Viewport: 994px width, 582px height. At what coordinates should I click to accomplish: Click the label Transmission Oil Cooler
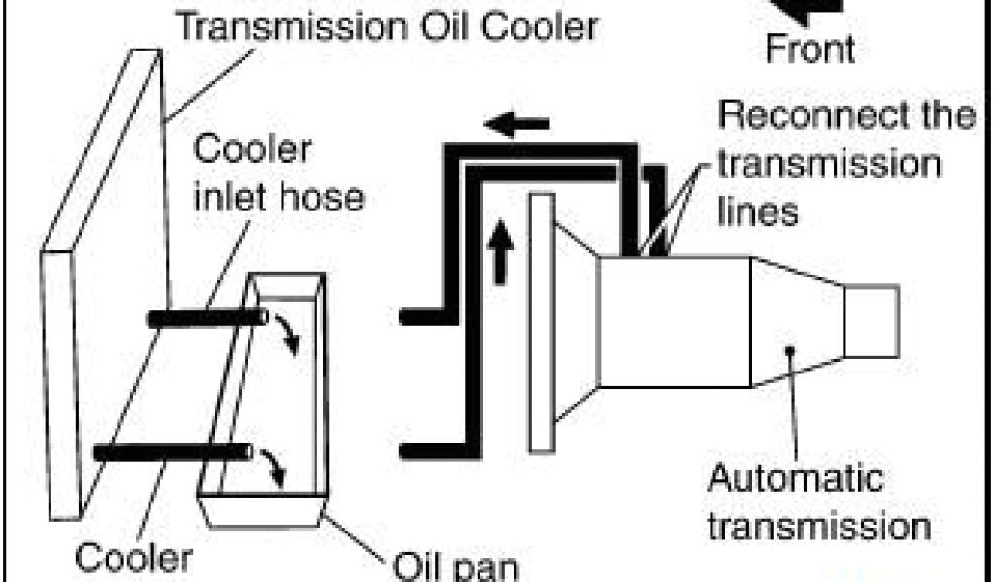pyautogui.click(x=385, y=26)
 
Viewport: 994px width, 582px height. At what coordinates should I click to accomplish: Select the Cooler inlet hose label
pyautogui.click(x=279, y=175)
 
